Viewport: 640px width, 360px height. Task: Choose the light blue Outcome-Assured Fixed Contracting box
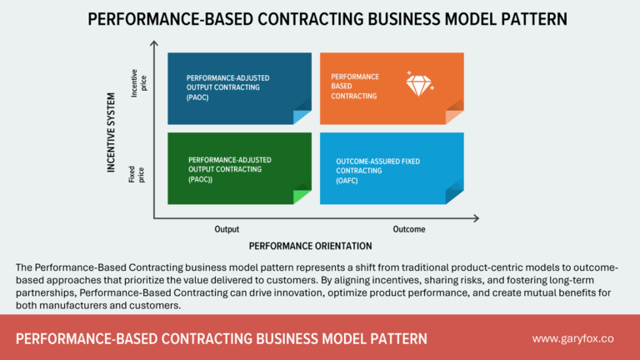pyautogui.click(x=392, y=167)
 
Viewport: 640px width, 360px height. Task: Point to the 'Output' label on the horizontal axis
pyautogui.click(x=226, y=229)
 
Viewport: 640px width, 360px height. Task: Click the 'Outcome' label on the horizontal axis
pyautogui.click(x=410, y=229)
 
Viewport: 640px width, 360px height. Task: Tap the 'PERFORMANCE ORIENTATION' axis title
pyautogui.click(x=310, y=247)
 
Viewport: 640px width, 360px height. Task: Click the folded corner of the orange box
pyautogui.click(x=454, y=116)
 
